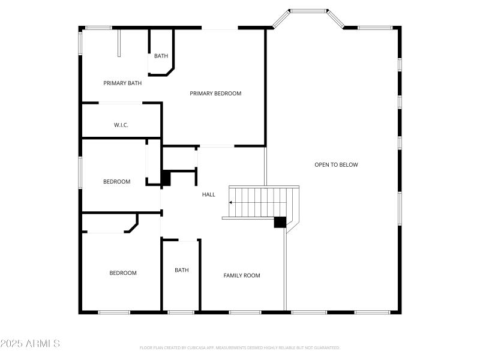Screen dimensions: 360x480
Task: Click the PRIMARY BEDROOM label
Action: coord(215,93)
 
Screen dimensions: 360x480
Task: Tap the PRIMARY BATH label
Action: coord(122,83)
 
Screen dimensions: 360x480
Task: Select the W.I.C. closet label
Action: coord(121,125)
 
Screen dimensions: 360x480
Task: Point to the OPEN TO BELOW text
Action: coord(336,164)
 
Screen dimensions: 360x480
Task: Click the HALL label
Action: coord(208,194)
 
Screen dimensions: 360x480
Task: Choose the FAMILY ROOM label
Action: coord(242,275)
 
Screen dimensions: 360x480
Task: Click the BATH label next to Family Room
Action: coord(181,270)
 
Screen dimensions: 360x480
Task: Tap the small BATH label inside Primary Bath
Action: coord(161,56)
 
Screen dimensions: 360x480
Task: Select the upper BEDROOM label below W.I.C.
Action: coord(116,182)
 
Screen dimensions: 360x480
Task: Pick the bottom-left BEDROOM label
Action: coord(122,273)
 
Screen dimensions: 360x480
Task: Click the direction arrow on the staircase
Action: coord(232,203)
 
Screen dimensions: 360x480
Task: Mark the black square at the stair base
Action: coord(280,222)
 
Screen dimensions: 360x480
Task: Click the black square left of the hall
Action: coord(166,178)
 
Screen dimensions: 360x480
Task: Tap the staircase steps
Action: coord(264,202)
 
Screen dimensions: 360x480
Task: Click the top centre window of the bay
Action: coord(308,11)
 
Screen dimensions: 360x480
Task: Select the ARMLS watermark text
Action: coord(30,344)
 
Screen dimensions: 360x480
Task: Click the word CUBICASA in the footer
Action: coord(194,347)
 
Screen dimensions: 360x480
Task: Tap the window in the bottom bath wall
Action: coord(181,312)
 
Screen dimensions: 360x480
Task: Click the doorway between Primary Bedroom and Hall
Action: coord(216,146)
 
